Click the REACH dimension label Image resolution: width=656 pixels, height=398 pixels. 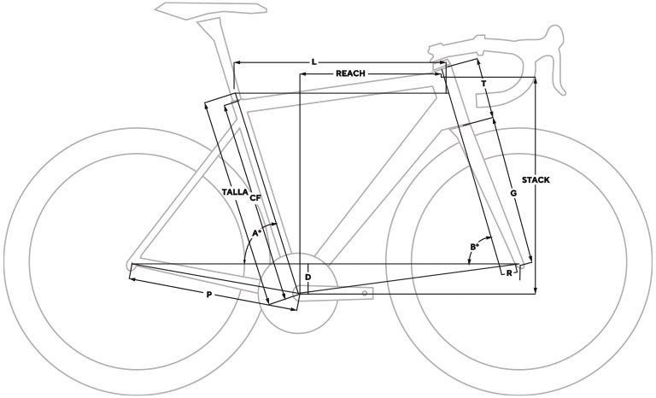(350, 73)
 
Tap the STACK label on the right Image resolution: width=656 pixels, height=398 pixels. (536, 180)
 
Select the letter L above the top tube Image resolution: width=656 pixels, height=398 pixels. (313, 62)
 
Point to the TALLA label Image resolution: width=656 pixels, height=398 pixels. (235, 192)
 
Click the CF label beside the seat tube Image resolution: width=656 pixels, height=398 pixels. (255, 198)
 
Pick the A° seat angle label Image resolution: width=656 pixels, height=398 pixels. (256, 232)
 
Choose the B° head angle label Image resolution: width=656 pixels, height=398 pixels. (474, 247)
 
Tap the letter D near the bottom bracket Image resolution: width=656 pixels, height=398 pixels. (307, 277)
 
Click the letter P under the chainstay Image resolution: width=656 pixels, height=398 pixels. (209, 295)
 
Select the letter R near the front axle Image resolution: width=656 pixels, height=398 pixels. (509, 273)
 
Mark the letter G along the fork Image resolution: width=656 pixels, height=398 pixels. (513, 193)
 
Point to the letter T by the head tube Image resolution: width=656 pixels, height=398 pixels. (483, 84)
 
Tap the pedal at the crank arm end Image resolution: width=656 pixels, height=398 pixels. (366, 293)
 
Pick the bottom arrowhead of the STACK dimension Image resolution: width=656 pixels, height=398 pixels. (536, 290)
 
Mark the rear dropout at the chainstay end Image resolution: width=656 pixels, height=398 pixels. (130, 265)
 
